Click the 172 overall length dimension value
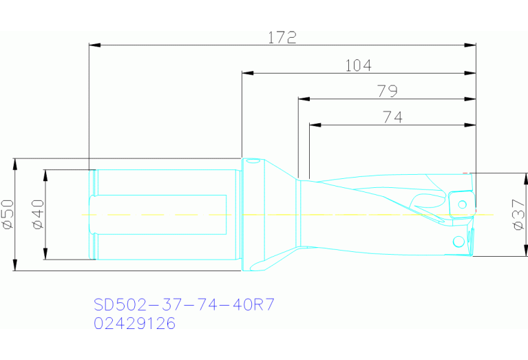pos(282,38)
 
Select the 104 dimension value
pos(358,65)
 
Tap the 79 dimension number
pos(388,91)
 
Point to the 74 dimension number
pos(392,117)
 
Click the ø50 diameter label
pos(8,214)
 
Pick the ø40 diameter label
pos(37,214)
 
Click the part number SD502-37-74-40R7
pos(184,304)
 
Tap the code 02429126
pos(134,323)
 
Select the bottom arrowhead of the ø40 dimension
pos(45,255)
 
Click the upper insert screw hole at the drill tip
pos(463,204)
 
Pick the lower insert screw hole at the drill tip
pos(457,241)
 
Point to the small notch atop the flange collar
pos(254,162)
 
